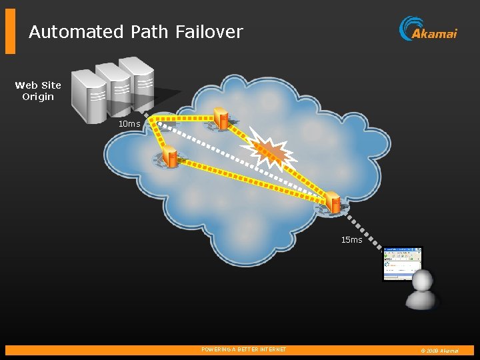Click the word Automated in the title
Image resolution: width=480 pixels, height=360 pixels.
pyautogui.click(x=75, y=31)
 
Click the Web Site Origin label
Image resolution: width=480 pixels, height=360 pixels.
pyautogui.click(x=38, y=91)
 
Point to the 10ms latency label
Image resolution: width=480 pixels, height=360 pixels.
pyautogui.click(x=129, y=124)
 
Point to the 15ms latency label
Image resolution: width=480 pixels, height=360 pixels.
pyautogui.click(x=351, y=240)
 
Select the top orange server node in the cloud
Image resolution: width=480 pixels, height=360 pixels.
pyautogui.click(x=221, y=119)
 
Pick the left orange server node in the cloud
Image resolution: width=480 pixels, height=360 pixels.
pyautogui.click(x=171, y=157)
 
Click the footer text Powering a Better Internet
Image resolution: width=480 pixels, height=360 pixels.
pyautogui.click(x=244, y=349)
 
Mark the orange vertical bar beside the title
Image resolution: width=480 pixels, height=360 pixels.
pyautogui.click(x=10, y=31)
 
